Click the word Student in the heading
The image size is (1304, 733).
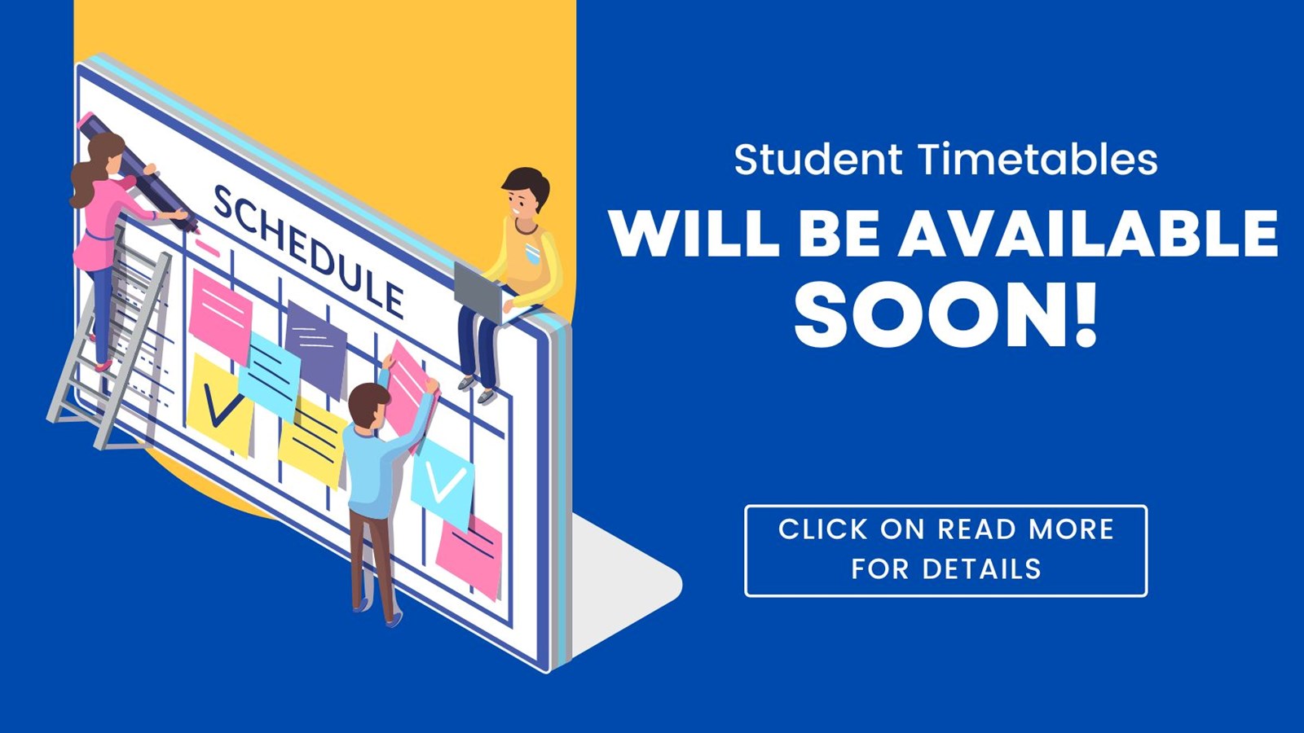coord(817,160)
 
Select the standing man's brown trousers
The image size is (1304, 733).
coord(371,562)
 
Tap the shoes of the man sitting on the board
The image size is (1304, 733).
coord(477,389)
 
